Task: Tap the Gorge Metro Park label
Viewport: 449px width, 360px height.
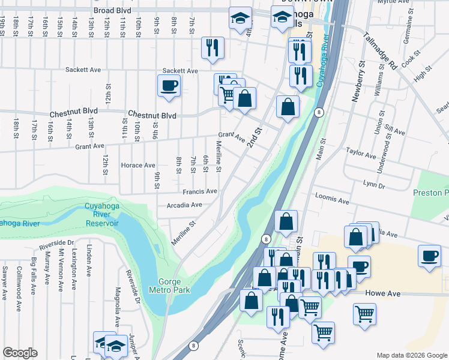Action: [x=173, y=286]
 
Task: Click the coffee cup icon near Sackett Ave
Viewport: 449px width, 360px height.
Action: [x=169, y=85]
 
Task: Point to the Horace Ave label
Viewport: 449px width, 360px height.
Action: [x=138, y=165]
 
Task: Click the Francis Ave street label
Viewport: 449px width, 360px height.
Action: [x=200, y=191]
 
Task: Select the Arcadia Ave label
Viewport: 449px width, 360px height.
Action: [x=184, y=205]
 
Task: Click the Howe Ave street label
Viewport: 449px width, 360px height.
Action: [x=382, y=294]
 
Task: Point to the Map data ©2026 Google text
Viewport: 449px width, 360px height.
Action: [x=411, y=355]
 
